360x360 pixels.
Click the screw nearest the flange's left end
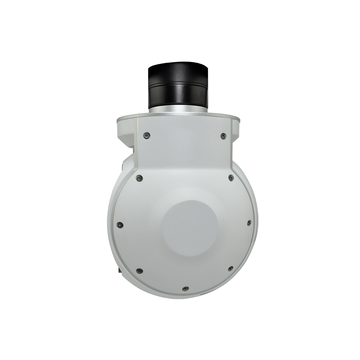(x=145, y=135)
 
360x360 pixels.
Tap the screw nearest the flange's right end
(x=224, y=136)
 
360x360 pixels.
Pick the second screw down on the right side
(x=231, y=177)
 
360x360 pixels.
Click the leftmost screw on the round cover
(x=120, y=225)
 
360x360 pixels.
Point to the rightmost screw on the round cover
(x=249, y=223)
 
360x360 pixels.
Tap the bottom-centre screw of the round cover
(x=185, y=289)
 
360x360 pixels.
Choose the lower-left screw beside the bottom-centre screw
(x=139, y=271)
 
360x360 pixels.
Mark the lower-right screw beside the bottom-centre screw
(x=230, y=269)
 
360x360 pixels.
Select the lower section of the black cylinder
(x=178, y=95)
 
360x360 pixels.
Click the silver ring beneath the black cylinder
(x=178, y=108)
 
